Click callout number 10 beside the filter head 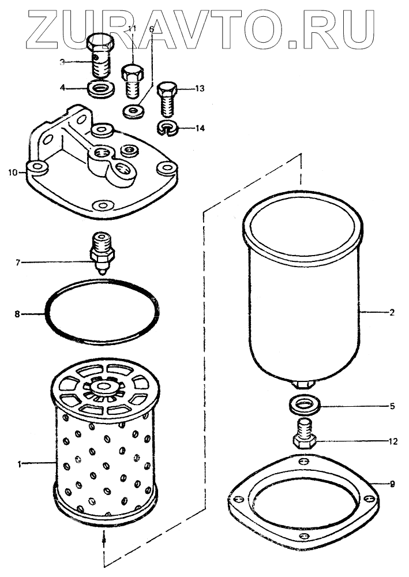click(11, 172)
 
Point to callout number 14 click(200, 128)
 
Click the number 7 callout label click(18, 263)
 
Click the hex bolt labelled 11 click(132, 83)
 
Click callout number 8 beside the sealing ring click(17, 314)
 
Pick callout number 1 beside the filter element click(19, 463)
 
